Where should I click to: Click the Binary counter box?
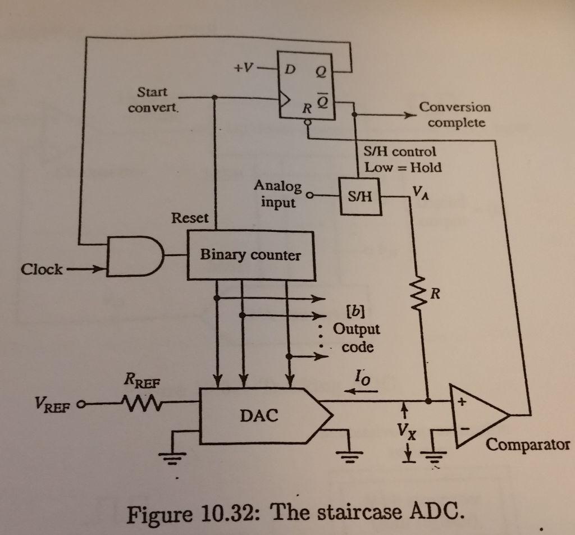[251, 256]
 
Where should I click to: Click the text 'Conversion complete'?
[455, 115]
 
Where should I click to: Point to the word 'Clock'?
[42, 269]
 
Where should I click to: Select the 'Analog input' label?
[277, 194]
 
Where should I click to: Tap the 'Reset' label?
[189, 218]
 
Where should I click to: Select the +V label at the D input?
[243, 68]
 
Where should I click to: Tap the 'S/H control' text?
[400, 151]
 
